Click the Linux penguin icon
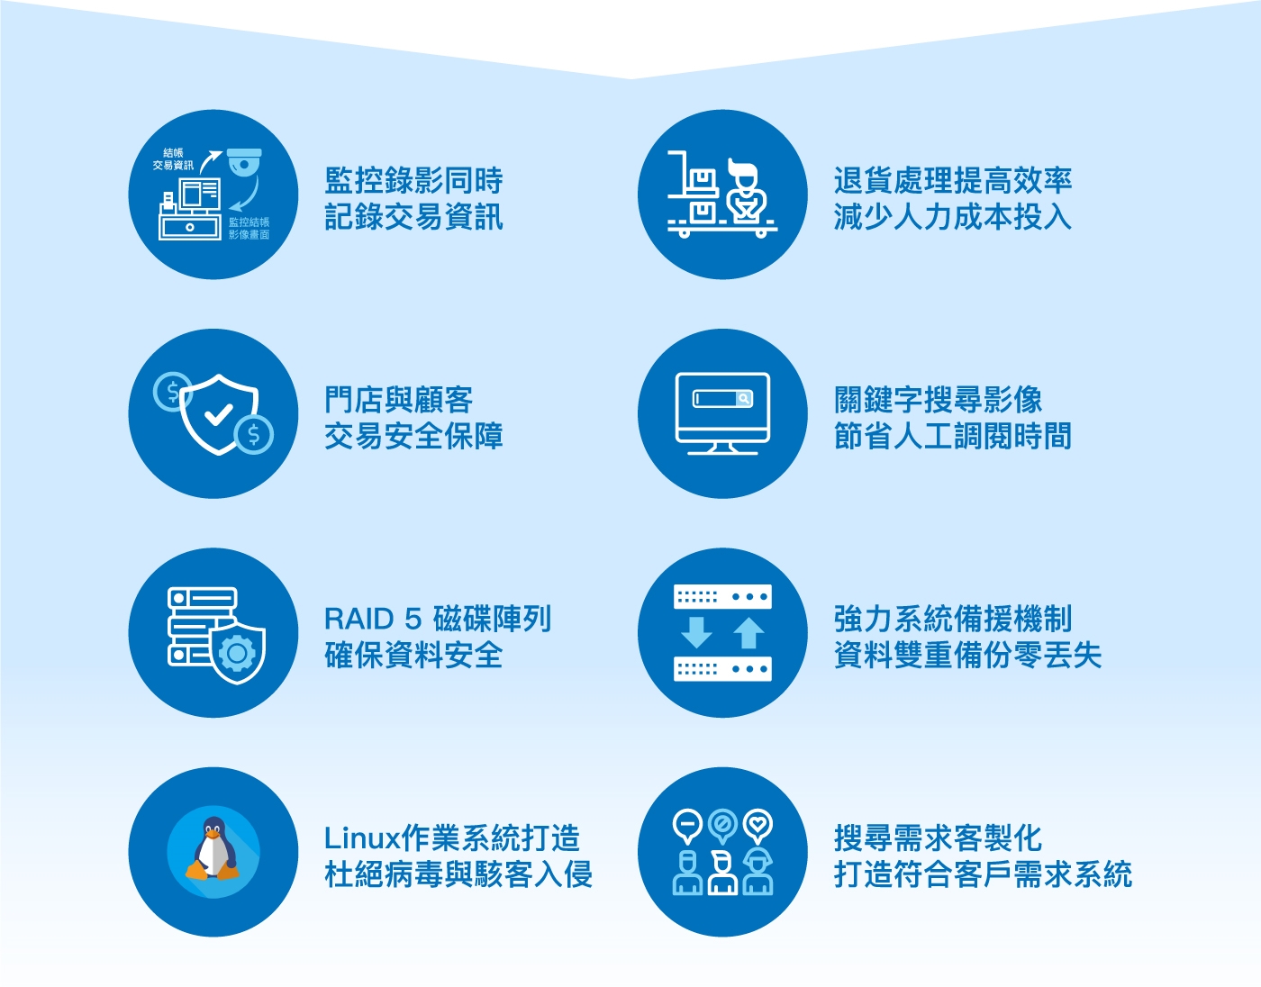click(213, 850)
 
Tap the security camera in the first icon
click(244, 162)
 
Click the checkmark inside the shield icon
click(219, 414)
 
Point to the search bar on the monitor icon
click(722, 398)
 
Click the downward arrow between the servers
click(695, 632)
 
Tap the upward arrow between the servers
click(748, 632)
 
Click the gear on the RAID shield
click(237, 654)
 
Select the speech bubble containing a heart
click(758, 825)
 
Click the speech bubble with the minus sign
click(687, 825)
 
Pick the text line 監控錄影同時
click(413, 180)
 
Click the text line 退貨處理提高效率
click(952, 180)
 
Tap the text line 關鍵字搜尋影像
click(938, 400)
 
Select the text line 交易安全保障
click(413, 436)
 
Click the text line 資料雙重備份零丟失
click(967, 656)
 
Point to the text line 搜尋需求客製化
click(938, 838)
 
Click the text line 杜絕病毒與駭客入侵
click(458, 874)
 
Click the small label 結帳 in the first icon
click(173, 153)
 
